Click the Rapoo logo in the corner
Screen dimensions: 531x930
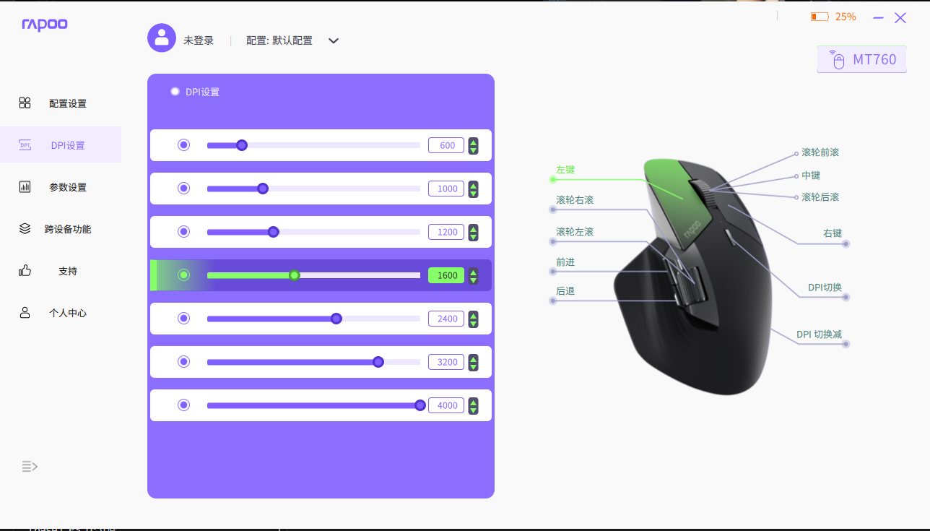click(45, 25)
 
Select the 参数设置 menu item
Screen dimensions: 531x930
click(67, 187)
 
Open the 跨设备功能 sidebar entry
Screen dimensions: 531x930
click(67, 229)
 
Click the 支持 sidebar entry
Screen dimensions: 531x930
click(67, 271)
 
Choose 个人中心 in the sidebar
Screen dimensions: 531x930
click(67, 313)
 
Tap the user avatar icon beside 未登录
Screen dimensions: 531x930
click(162, 38)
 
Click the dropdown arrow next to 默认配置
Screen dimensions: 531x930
click(334, 40)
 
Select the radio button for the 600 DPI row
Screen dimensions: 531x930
click(183, 145)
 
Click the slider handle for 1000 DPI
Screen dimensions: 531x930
click(263, 189)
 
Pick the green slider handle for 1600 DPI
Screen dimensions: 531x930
click(295, 275)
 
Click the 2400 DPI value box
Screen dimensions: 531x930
click(446, 319)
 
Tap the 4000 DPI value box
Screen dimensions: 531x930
click(446, 405)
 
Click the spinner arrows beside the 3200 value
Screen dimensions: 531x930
click(473, 362)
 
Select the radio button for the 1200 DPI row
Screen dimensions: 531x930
click(183, 232)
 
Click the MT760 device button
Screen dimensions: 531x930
click(861, 59)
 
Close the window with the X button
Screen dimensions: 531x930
click(900, 18)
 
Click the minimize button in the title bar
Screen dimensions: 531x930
click(878, 17)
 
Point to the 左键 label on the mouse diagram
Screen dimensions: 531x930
click(565, 170)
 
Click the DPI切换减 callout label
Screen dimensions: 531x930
click(819, 334)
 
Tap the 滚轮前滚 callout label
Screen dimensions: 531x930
click(820, 152)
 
